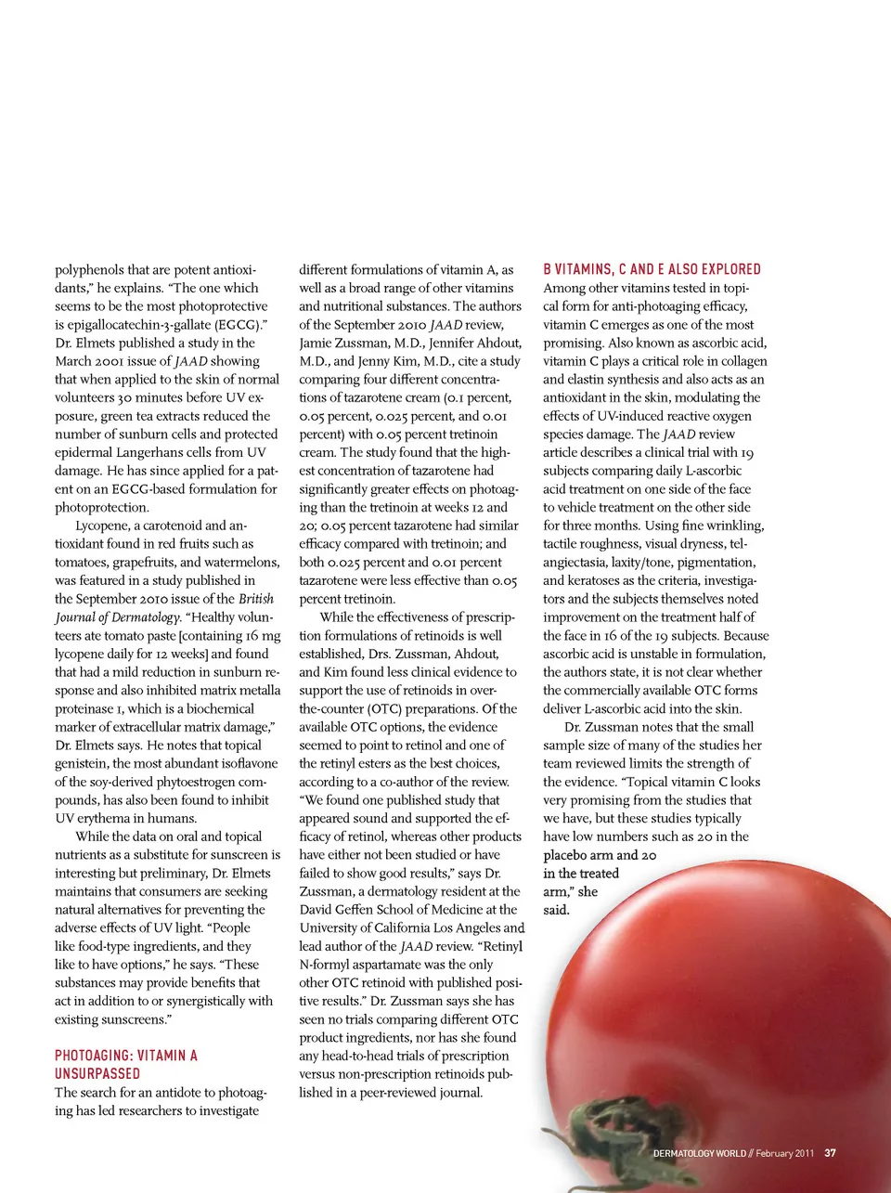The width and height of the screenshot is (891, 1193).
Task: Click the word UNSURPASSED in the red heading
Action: [97, 1073]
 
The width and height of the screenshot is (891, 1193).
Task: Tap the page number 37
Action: [830, 1153]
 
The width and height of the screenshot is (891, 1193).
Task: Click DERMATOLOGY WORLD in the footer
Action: [699, 1153]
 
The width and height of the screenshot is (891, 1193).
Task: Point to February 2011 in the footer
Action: [784, 1153]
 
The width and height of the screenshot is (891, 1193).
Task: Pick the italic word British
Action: [256, 599]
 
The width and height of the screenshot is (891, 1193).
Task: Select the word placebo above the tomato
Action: [566, 855]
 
